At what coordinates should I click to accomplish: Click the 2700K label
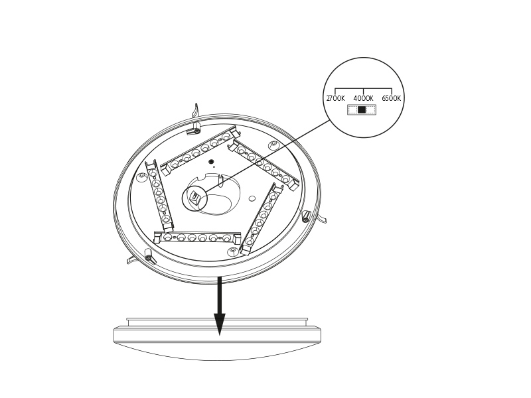point(335,98)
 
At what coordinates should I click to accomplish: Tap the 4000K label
point(363,98)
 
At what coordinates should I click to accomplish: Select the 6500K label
point(391,98)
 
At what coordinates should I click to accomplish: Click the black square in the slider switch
point(362,109)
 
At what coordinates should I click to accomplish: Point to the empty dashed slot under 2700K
point(353,109)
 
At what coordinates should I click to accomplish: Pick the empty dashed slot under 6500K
point(370,109)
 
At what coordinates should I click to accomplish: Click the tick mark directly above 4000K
point(363,92)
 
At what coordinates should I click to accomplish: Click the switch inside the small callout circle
point(194,196)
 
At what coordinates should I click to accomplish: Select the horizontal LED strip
point(197,237)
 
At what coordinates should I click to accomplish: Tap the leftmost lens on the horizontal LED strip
point(167,237)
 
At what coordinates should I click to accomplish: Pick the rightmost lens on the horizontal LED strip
point(226,238)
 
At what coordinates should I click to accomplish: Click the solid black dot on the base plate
point(211,161)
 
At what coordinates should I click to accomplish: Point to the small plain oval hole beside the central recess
point(252,198)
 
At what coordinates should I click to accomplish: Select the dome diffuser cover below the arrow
point(217,340)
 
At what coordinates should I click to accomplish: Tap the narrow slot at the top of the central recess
point(220,181)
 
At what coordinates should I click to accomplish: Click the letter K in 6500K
point(398,98)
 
